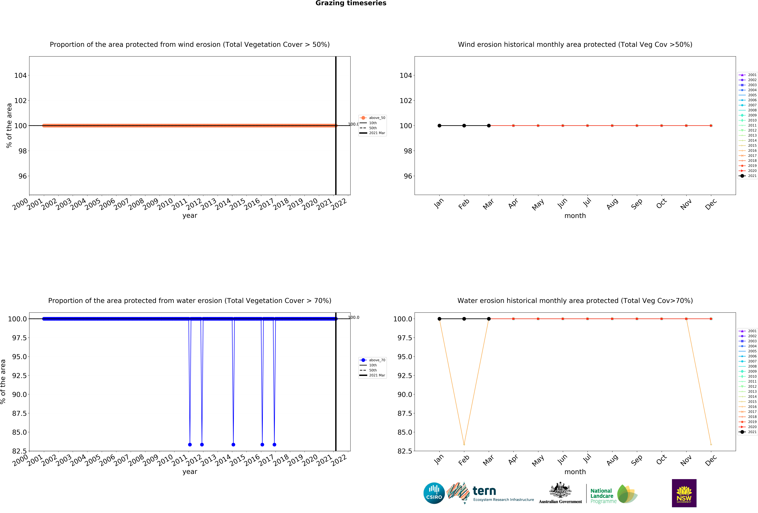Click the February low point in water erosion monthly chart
(x=464, y=444)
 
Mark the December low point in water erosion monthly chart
(x=711, y=444)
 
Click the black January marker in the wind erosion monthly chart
(x=439, y=126)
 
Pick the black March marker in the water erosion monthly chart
(x=489, y=319)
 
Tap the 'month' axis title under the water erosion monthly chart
(x=575, y=472)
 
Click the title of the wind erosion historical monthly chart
(x=575, y=44)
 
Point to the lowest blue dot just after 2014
(x=233, y=444)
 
